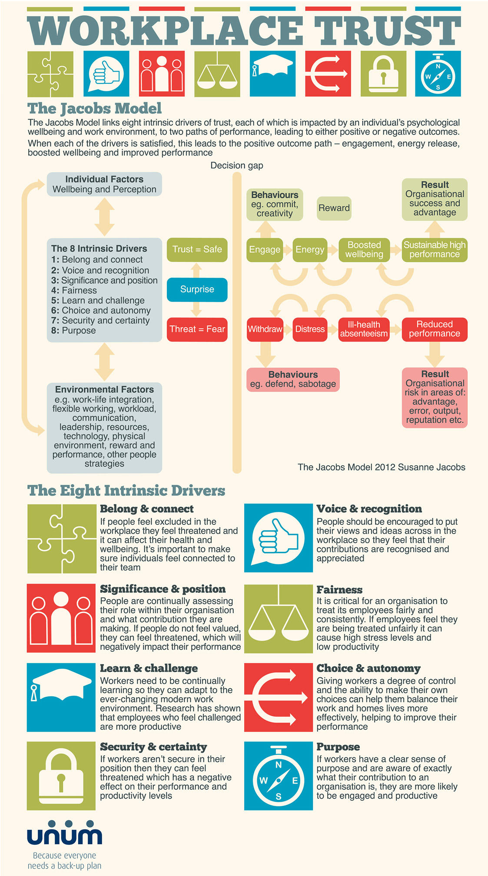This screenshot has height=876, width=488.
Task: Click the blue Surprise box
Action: coord(197,289)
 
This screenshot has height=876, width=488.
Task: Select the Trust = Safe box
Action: coord(197,249)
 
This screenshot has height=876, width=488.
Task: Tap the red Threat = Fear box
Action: coord(197,329)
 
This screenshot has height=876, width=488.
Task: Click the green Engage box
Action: coord(264,250)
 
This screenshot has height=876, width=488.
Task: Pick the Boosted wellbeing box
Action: coord(364,250)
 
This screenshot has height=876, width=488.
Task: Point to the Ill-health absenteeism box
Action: coord(364,329)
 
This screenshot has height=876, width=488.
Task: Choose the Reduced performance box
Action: coord(434,329)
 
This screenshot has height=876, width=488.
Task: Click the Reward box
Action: coord(334,208)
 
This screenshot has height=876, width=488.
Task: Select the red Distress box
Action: coord(310,329)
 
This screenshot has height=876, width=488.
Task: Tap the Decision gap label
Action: coord(236,166)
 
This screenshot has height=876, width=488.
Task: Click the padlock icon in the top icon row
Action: coord(383,74)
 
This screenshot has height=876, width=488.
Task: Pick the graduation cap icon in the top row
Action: coord(272,74)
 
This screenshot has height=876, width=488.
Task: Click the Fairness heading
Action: coord(339,590)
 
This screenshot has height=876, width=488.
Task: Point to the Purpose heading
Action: coord(338,747)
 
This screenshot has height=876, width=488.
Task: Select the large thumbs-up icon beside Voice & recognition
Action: coord(279,538)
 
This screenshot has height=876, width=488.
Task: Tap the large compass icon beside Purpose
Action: coord(279,776)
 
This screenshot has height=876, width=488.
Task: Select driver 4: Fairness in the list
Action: coord(74,290)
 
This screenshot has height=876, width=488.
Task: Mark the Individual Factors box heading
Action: coord(104,179)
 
